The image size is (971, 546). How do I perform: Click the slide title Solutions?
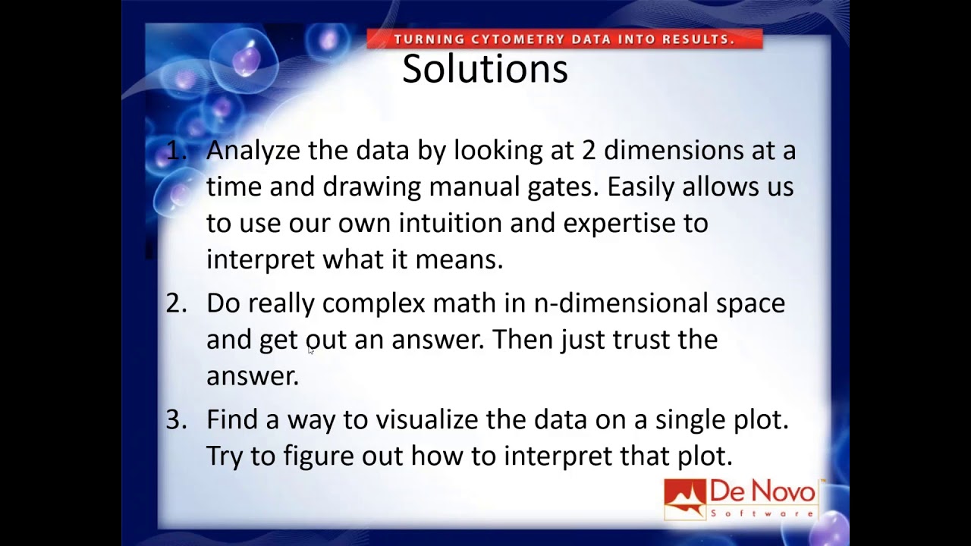[x=485, y=69]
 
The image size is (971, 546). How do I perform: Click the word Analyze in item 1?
[x=253, y=151]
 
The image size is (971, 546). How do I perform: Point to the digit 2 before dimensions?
[x=589, y=150]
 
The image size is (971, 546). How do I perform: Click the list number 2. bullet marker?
[x=176, y=303]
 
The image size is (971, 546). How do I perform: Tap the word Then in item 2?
[x=523, y=339]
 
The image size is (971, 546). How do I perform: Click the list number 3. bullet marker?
[x=176, y=419]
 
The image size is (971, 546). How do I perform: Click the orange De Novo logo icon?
[x=685, y=499]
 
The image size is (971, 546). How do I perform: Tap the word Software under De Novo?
[x=762, y=513]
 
